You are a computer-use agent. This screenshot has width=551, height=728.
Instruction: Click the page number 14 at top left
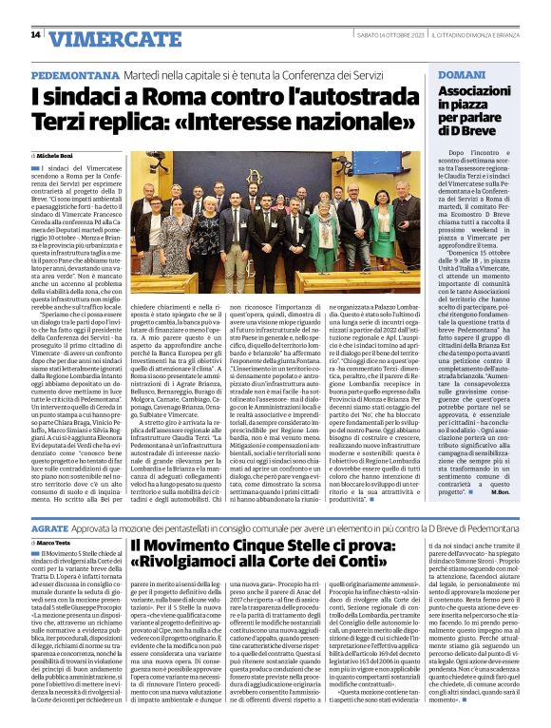tap(34, 35)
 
